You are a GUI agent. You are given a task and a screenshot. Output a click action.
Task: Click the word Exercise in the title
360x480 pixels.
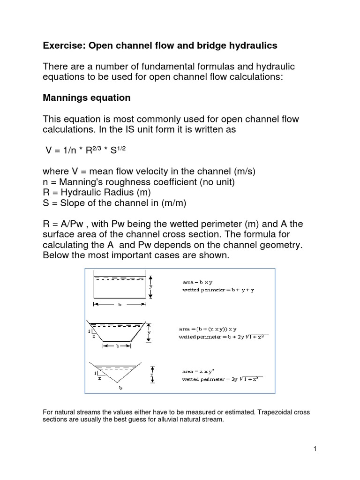coord(64,45)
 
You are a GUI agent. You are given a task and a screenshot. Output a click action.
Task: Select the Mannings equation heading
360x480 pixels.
coord(87,98)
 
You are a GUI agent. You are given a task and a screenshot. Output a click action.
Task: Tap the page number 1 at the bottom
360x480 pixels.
coord(315,449)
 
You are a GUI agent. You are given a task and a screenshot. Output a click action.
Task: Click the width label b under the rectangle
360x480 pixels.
coord(120,304)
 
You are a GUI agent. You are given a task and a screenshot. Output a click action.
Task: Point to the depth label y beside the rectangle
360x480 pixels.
coord(151,286)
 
